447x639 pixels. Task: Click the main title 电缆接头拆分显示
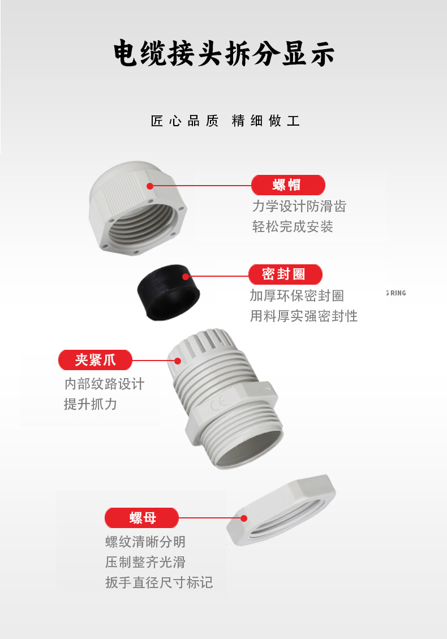click(x=223, y=53)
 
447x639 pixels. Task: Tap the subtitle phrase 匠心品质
click(x=184, y=121)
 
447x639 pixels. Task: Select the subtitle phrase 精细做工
click(x=266, y=121)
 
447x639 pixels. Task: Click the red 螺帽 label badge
click(x=288, y=185)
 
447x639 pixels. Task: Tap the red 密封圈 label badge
click(x=285, y=275)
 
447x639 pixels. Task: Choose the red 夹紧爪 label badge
click(x=96, y=360)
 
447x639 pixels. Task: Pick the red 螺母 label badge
click(x=142, y=518)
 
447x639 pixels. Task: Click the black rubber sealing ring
click(x=168, y=292)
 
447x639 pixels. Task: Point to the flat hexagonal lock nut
click(x=281, y=510)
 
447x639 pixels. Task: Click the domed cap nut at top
click(x=137, y=208)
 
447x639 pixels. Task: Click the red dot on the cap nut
click(x=150, y=186)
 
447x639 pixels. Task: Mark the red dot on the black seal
click(x=186, y=277)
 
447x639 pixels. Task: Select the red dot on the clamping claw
click(x=178, y=361)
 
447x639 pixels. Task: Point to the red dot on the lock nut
click(x=244, y=518)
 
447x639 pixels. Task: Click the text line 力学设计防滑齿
click(x=299, y=206)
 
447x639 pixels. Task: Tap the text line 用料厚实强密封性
click(x=304, y=316)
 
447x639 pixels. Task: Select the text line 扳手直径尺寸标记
click(x=159, y=582)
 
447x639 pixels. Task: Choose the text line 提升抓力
click(x=90, y=404)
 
